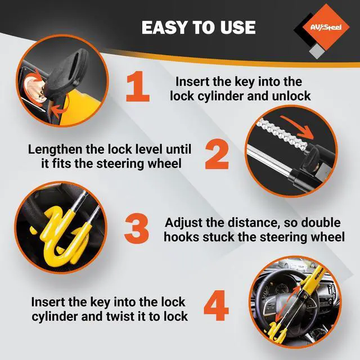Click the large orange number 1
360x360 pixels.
click(138, 86)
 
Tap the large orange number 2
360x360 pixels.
click(217, 154)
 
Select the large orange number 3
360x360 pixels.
click(136, 228)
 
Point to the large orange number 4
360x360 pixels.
click(216, 305)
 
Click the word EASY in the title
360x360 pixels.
click(164, 28)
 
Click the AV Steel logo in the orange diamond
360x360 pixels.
click(326, 28)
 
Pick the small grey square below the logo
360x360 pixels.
click(317, 52)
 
